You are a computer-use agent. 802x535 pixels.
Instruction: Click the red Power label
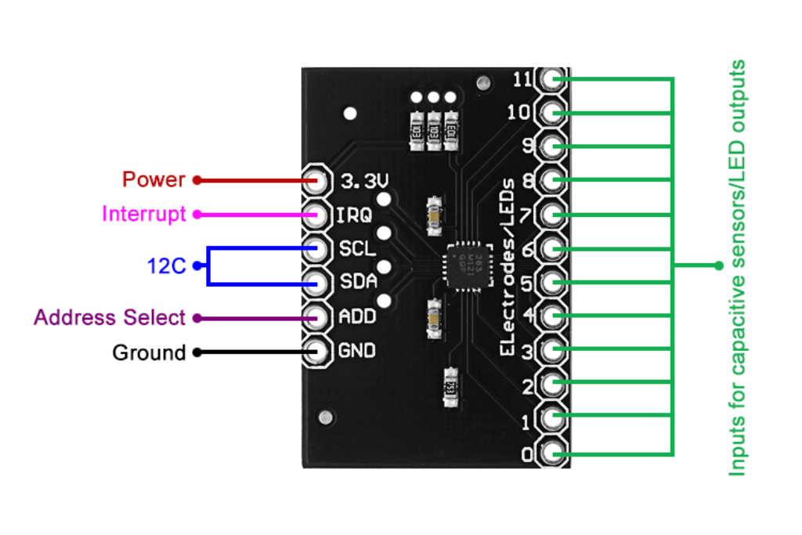click(154, 179)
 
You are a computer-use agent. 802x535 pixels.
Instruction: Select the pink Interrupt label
click(144, 214)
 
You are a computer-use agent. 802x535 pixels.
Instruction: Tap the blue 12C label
click(166, 266)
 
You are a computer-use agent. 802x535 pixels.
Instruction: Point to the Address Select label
click(110, 318)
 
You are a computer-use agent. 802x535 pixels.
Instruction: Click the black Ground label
click(149, 352)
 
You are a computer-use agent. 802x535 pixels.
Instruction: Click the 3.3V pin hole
click(317, 180)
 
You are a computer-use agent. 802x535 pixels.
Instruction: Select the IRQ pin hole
click(317, 214)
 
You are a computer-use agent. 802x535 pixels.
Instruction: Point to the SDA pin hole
click(317, 282)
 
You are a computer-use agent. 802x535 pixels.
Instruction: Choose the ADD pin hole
click(317, 317)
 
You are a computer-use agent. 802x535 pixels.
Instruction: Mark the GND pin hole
click(317, 351)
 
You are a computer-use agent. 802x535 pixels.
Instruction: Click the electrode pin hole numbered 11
click(553, 79)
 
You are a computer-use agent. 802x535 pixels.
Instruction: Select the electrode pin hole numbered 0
click(553, 454)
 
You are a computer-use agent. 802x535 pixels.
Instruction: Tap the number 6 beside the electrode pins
click(528, 249)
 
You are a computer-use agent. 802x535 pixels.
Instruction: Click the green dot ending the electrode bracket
click(718, 266)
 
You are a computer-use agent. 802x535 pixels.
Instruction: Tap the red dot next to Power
click(197, 180)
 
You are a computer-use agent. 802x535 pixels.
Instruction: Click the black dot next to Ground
click(197, 352)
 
